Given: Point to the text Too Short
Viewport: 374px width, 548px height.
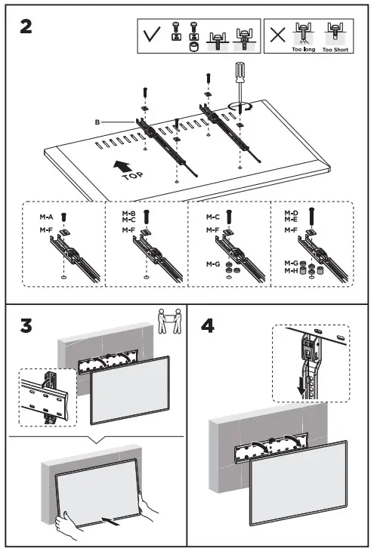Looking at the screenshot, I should coord(334,48).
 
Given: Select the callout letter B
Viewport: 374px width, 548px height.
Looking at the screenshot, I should coord(98,121).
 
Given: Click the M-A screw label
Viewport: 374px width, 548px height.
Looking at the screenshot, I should coord(46,217).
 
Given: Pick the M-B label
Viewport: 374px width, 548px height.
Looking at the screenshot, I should coord(128,214).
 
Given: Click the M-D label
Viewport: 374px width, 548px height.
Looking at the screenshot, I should coord(291,214).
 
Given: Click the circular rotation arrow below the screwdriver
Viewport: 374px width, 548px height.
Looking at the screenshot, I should coord(240,107).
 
